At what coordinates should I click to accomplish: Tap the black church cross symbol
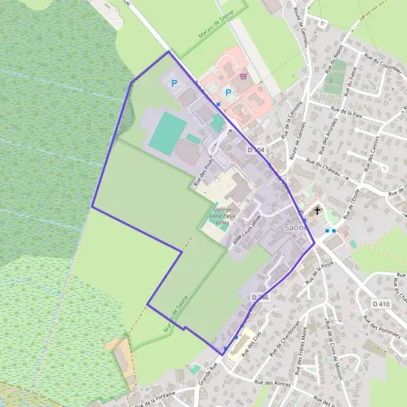[317, 212]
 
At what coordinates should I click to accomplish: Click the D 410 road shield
[381, 304]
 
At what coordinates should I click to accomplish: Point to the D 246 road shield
[260, 297]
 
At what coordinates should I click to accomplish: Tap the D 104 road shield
[256, 149]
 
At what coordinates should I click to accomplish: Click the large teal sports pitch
[166, 132]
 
